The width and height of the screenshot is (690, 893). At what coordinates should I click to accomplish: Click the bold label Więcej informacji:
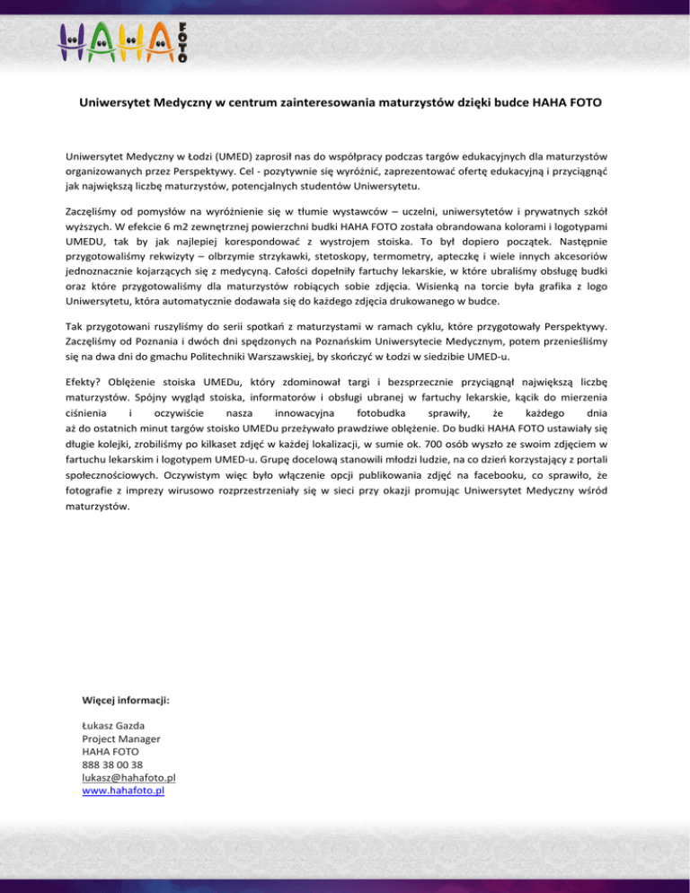pyautogui.click(x=126, y=698)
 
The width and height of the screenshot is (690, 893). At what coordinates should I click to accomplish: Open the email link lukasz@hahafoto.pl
pyautogui.click(x=128, y=778)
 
